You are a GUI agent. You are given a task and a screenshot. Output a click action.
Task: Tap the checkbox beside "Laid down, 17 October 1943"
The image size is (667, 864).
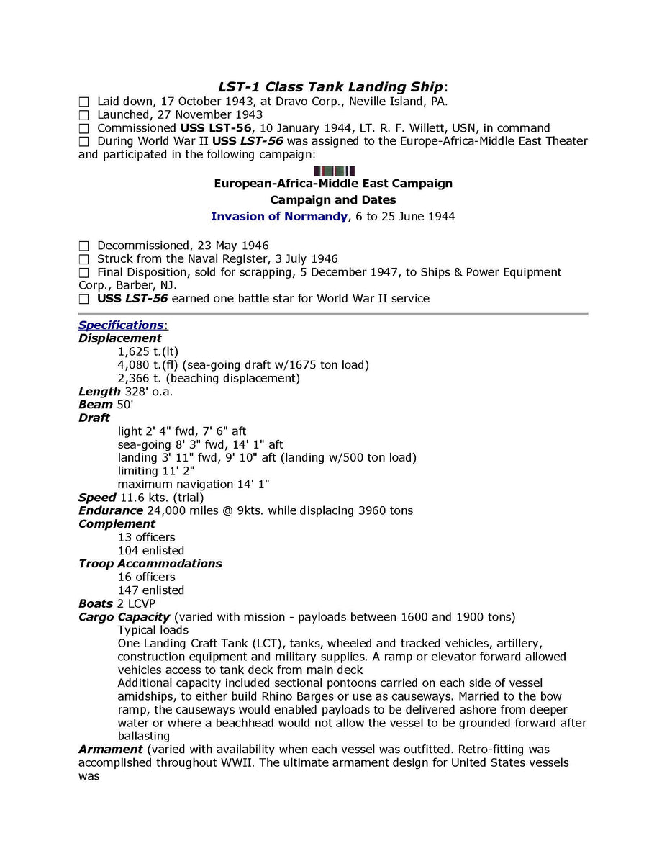click(83, 102)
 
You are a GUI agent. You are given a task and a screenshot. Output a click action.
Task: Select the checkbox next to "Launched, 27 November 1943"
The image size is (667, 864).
click(83, 115)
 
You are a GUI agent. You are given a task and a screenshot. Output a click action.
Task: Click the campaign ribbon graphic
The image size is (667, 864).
click(334, 171)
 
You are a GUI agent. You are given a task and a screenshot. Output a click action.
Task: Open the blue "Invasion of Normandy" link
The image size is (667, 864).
click(279, 216)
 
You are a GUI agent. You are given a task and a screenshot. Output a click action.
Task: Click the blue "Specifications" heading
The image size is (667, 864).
click(121, 325)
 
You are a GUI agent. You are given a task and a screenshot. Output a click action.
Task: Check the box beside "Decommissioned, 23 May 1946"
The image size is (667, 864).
click(83, 246)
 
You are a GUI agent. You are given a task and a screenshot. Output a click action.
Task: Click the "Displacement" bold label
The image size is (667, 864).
click(120, 338)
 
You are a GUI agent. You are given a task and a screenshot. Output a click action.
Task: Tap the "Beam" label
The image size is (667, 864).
click(96, 405)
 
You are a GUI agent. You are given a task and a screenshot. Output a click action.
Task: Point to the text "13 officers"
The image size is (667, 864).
click(146, 537)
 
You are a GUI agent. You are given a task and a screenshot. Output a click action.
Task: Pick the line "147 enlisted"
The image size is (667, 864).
click(150, 590)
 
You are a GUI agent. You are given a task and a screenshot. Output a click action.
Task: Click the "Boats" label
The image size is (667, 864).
click(96, 603)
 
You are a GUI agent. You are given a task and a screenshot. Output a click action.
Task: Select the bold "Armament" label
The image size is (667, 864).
click(110, 750)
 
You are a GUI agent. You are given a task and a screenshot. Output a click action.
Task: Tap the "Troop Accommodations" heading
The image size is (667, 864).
click(150, 563)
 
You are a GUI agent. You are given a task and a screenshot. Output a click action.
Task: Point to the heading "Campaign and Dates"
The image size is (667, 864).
click(333, 199)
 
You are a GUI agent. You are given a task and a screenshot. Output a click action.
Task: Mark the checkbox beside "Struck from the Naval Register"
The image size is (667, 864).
click(83, 259)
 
